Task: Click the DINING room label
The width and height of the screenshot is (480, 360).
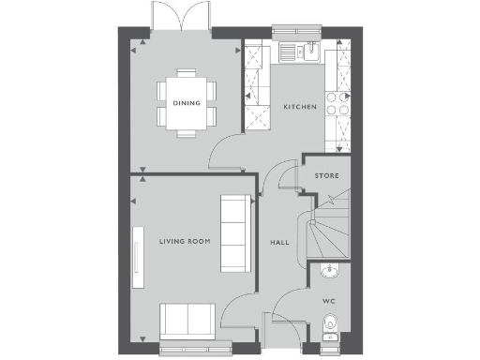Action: [186, 103]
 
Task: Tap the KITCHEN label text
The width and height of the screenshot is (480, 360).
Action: [300, 108]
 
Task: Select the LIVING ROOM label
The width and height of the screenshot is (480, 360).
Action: [184, 242]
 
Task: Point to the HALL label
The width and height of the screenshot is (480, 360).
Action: [279, 242]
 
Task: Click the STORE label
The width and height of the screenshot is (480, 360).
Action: [327, 176]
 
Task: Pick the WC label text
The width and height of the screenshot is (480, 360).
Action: [328, 301]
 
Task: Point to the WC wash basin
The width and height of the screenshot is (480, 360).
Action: [328, 273]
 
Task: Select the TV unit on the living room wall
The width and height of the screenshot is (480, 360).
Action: [137, 256]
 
